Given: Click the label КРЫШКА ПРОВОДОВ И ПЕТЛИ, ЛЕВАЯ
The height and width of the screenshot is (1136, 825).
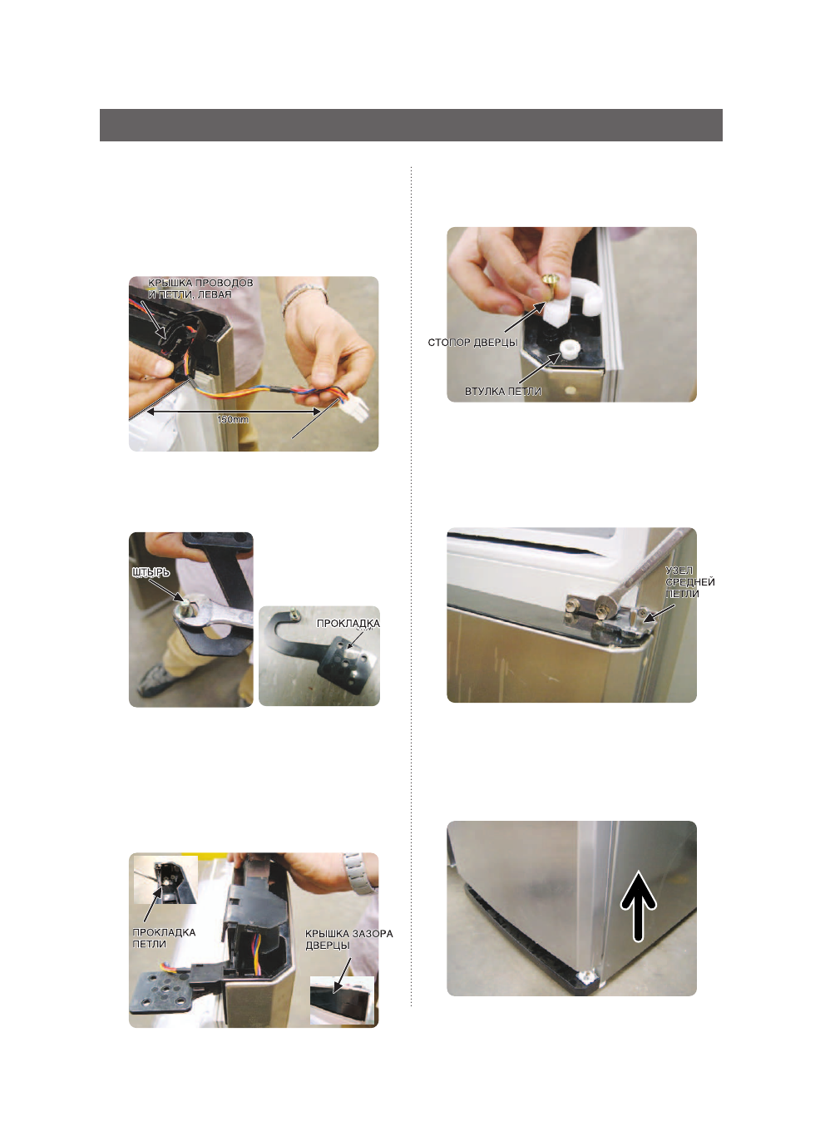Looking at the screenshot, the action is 200,288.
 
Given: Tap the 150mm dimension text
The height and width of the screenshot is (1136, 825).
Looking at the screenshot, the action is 233,419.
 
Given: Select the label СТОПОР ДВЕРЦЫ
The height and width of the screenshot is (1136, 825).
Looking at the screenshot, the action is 472,343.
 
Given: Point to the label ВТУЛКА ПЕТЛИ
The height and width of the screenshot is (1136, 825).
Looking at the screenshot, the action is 503,391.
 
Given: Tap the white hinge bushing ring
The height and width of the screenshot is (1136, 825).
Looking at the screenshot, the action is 570,349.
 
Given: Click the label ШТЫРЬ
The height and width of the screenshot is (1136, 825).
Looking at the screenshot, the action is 151,572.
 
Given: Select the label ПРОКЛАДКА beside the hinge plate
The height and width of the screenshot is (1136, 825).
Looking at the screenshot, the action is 348,623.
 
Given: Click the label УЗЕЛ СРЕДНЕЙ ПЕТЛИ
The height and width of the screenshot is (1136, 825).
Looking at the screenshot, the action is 689,581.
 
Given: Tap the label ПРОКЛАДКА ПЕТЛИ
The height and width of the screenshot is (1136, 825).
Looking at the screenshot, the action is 164,938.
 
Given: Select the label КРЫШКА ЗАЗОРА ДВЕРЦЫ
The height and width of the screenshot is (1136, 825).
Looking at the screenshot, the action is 348,939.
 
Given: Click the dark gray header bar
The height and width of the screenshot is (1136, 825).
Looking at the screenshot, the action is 411,125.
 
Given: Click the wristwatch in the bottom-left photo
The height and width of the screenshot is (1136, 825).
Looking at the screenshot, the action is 357,873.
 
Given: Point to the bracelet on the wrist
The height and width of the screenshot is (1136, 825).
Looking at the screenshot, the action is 304,295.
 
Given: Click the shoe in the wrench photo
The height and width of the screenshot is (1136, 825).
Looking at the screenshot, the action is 156,680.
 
